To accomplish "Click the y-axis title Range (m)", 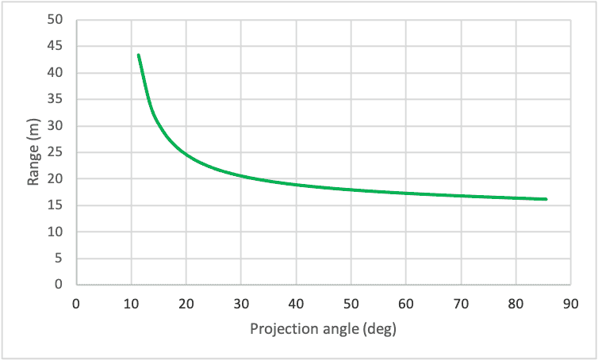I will [x=34, y=152].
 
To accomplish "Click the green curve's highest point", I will [x=138, y=55].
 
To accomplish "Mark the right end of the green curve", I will [x=546, y=199].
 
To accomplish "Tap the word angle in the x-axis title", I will [x=336, y=329].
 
